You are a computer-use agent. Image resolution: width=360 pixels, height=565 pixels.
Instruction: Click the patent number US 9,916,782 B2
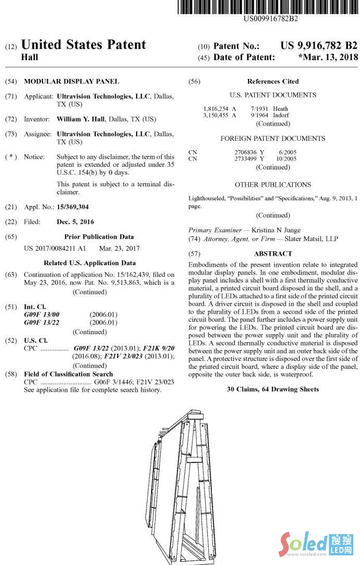tap(319, 46)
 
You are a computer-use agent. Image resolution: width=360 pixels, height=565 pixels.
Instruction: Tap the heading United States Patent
tap(83, 45)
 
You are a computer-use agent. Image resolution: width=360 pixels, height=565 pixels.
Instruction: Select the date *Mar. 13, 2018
tap(328, 58)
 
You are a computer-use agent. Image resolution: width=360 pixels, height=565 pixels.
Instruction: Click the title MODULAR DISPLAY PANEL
tap(72, 82)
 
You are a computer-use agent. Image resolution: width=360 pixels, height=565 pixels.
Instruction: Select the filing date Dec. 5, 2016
tap(75, 222)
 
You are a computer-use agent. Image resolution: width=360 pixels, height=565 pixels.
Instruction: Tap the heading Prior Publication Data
tap(99, 236)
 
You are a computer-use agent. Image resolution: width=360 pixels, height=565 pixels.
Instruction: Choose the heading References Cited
tap(273, 82)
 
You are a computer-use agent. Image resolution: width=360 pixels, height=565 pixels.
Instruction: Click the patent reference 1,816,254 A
tap(220, 109)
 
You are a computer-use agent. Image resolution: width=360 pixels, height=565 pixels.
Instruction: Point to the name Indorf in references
tap(281, 115)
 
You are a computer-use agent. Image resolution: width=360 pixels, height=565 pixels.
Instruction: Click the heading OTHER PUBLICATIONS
tap(273, 185)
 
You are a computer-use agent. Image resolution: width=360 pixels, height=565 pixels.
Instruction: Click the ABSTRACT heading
tap(273, 254)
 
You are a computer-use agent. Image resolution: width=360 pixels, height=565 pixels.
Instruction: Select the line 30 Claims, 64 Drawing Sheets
tap(273, 389)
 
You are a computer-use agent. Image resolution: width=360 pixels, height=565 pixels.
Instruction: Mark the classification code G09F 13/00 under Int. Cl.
tap(42, 314)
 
